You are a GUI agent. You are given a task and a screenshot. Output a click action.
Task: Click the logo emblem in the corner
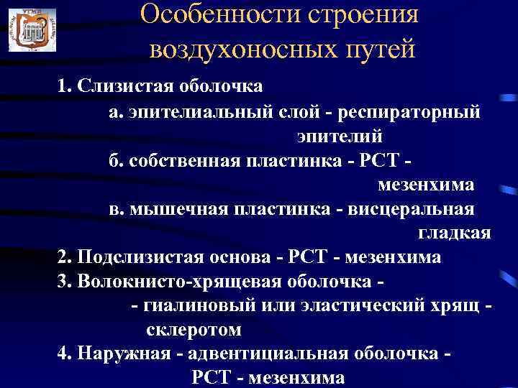click(x=31, y=29)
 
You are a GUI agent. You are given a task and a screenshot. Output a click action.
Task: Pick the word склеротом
click(x=194, y=331)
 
